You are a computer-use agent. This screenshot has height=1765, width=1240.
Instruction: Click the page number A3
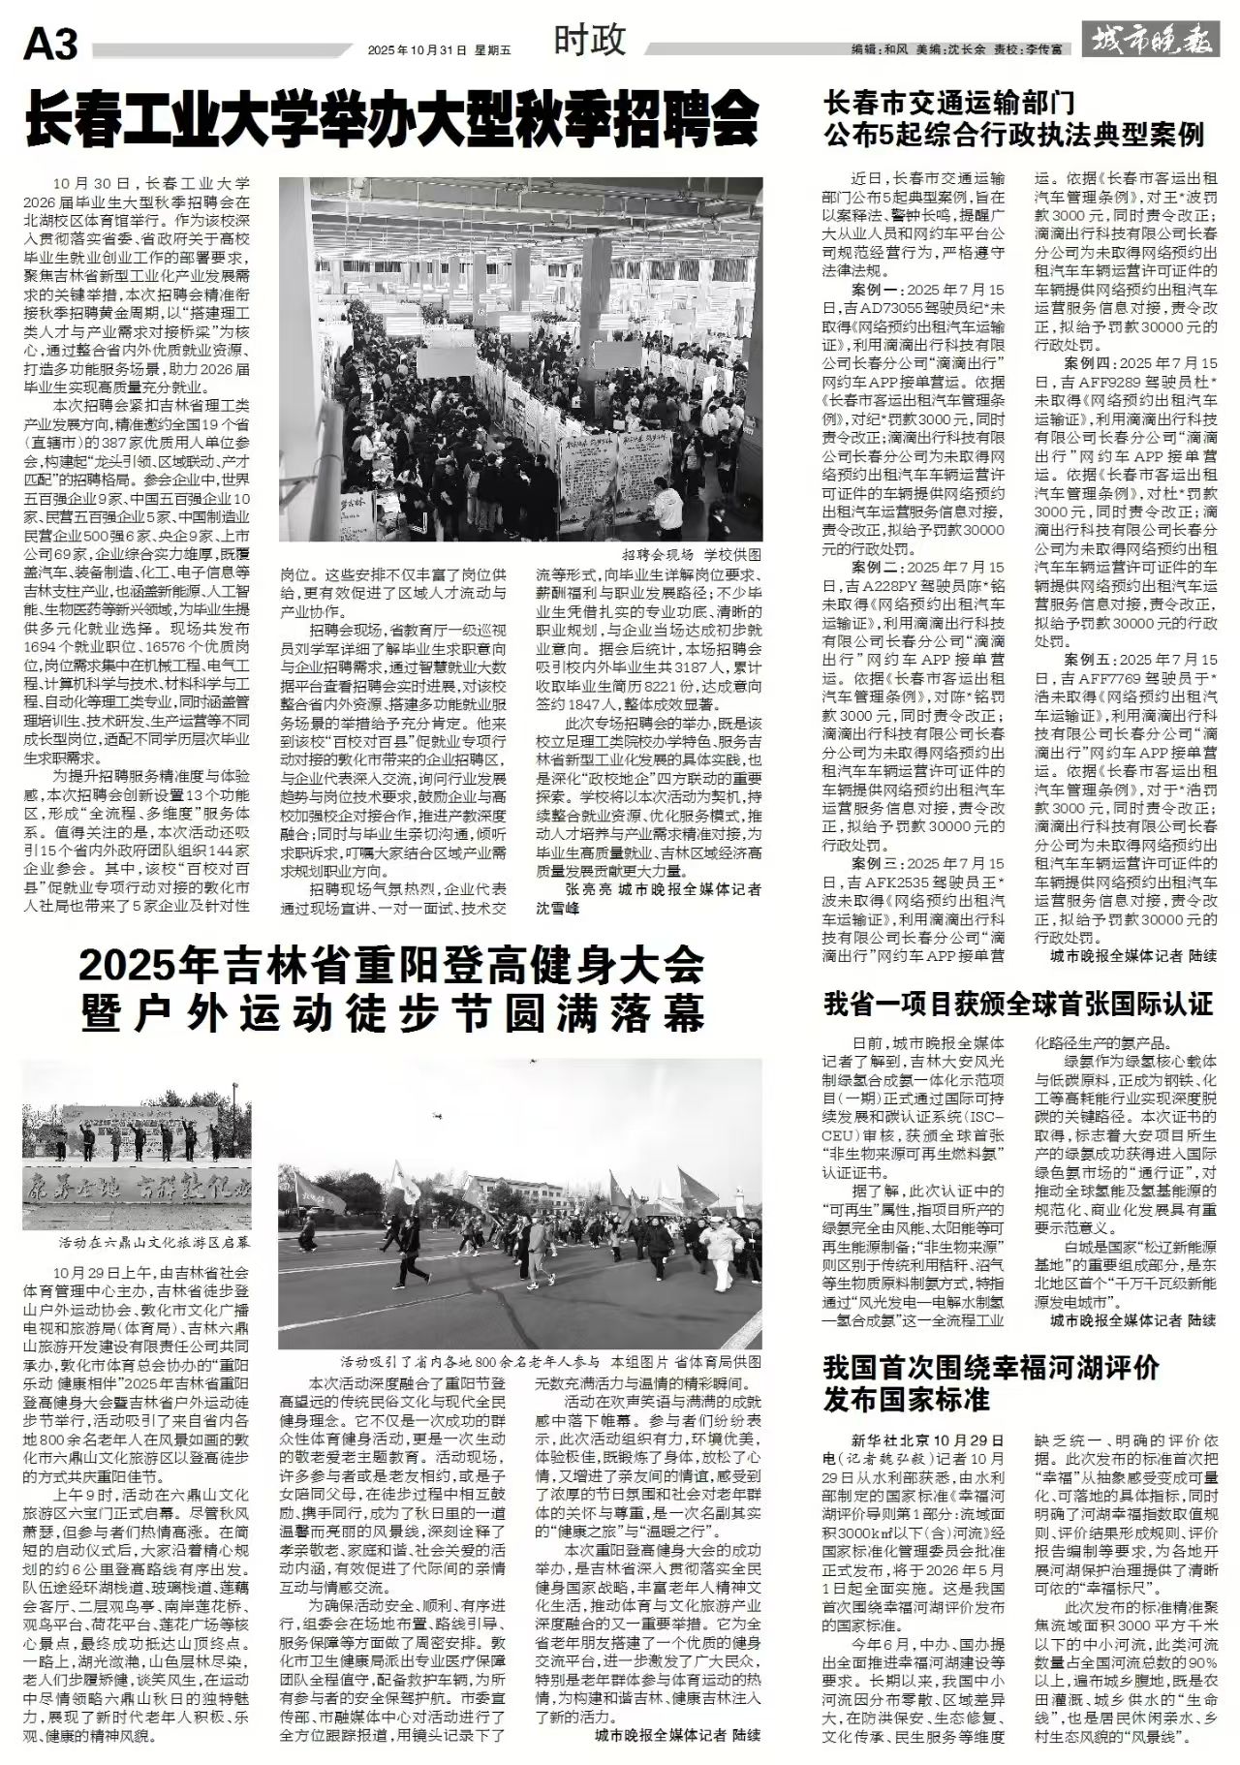click(50, 46)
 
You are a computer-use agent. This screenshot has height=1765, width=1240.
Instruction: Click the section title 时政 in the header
click(591, 41)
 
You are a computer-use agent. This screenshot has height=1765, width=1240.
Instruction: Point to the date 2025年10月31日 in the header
click(417, 47)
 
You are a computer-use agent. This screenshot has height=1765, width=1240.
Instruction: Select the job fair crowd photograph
click(520, 358)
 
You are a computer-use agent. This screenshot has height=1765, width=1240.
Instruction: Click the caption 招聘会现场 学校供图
click(692, 554)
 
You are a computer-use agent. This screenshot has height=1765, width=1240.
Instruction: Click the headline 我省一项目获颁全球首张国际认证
click(1017, 1003)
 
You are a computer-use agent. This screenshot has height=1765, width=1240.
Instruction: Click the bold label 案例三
click(878, 863)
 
